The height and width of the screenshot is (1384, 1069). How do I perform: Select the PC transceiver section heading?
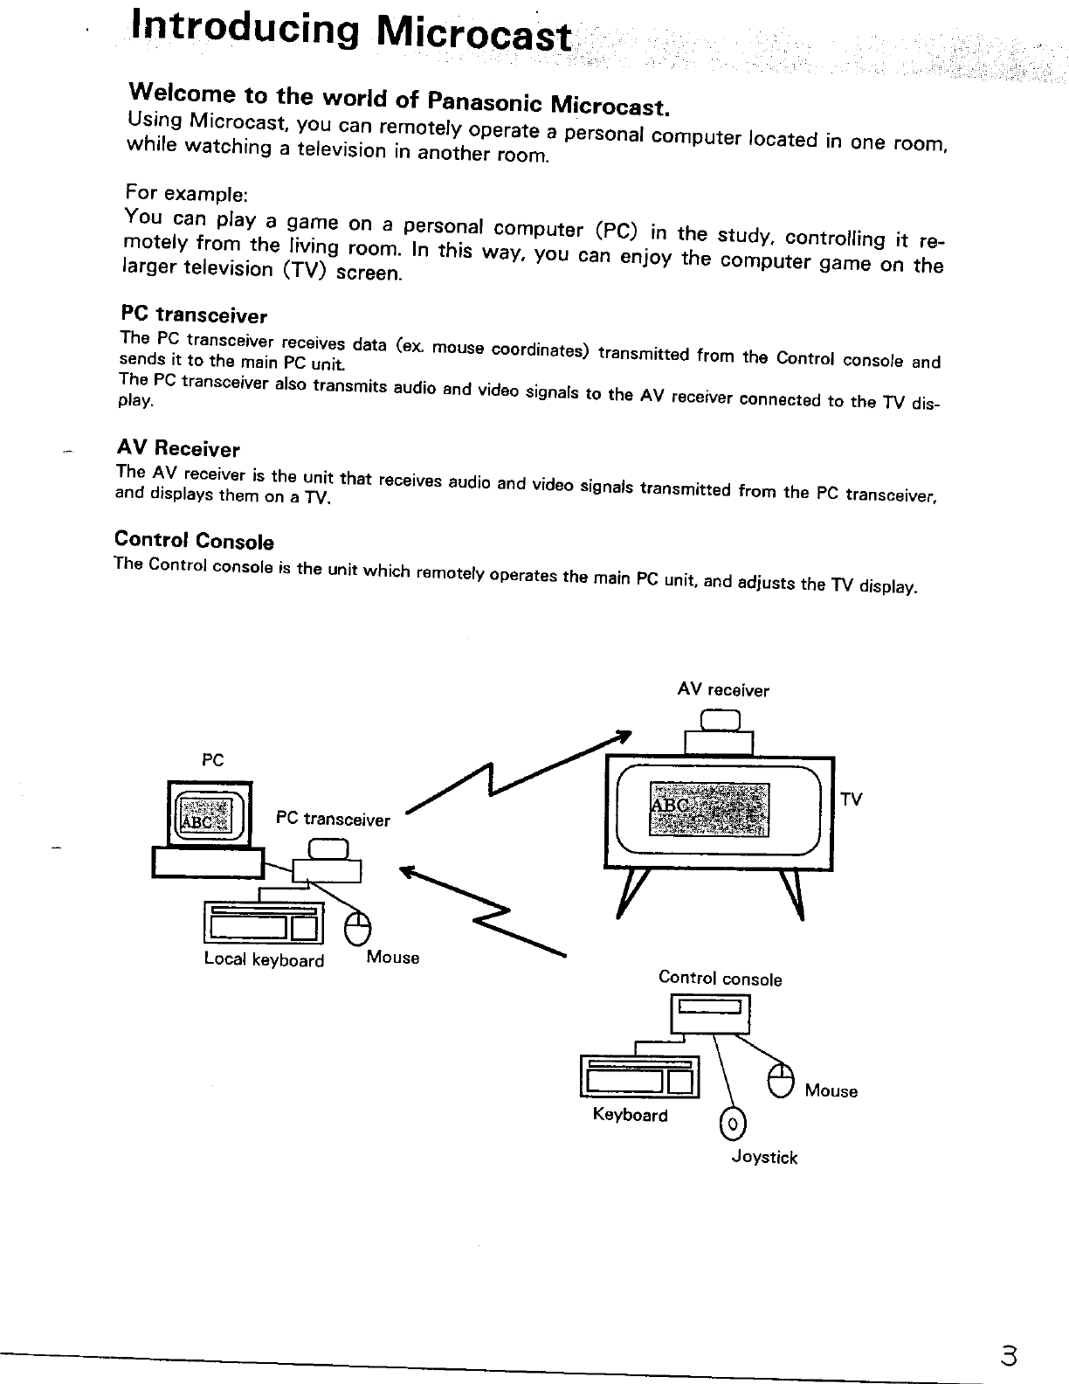(194, 315)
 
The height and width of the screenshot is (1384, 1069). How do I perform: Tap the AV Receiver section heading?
(178, 449)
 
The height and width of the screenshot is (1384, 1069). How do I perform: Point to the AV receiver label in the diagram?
(723, 690)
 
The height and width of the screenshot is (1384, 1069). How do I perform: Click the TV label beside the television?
(851, 799)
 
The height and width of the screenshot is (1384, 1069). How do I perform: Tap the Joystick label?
(764, 1158)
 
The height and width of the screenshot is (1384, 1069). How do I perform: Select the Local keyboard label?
(263, 960)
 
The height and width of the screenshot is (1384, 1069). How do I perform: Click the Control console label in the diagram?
(720, 979)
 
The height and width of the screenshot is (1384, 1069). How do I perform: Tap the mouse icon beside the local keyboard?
(357, 928)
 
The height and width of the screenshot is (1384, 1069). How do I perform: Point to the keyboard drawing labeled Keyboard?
(639, 1076)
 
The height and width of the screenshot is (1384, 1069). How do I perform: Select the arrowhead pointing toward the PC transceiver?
(406, 870)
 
